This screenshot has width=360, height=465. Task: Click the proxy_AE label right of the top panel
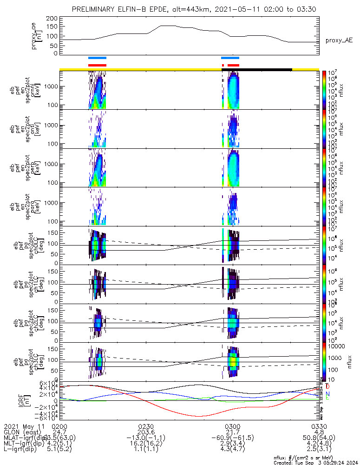pyautogui.click(x=339, y=40)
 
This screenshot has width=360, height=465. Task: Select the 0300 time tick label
pyautogui.click(x=232, y=426)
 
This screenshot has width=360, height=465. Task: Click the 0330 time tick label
pyautogui.click(x=319, y=426)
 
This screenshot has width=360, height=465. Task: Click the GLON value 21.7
pyautogui.click(x=232, y=432)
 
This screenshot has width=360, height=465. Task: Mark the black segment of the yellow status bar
pyautogui.click(x=257, y=69)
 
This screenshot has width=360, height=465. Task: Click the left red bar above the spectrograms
pyautogui.click(x=98, y=65)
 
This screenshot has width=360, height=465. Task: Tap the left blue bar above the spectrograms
pyautogui.click(x=98, y=58)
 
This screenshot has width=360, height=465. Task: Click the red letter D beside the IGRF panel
pyautogui.click(x=327, y=386)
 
